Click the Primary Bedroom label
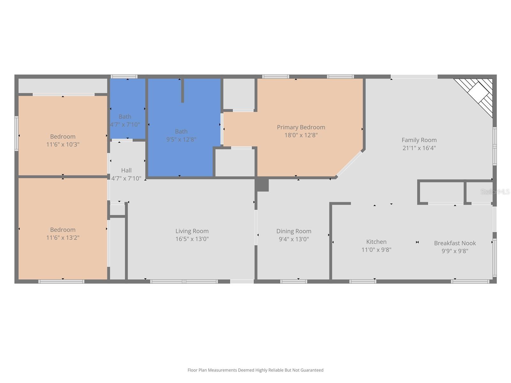301,127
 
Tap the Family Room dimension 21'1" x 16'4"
419,148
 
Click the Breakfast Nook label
455,243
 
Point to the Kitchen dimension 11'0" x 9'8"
376,250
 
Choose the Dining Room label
294,231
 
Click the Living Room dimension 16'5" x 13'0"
192,239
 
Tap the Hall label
126,170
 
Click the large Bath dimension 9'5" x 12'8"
181,139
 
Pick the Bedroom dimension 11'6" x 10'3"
63,144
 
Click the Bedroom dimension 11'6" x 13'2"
63,237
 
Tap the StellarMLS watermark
495,191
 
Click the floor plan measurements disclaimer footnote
255,370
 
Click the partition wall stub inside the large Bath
182,91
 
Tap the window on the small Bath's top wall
124,77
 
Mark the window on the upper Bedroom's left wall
16,133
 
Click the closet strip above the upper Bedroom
63,86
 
